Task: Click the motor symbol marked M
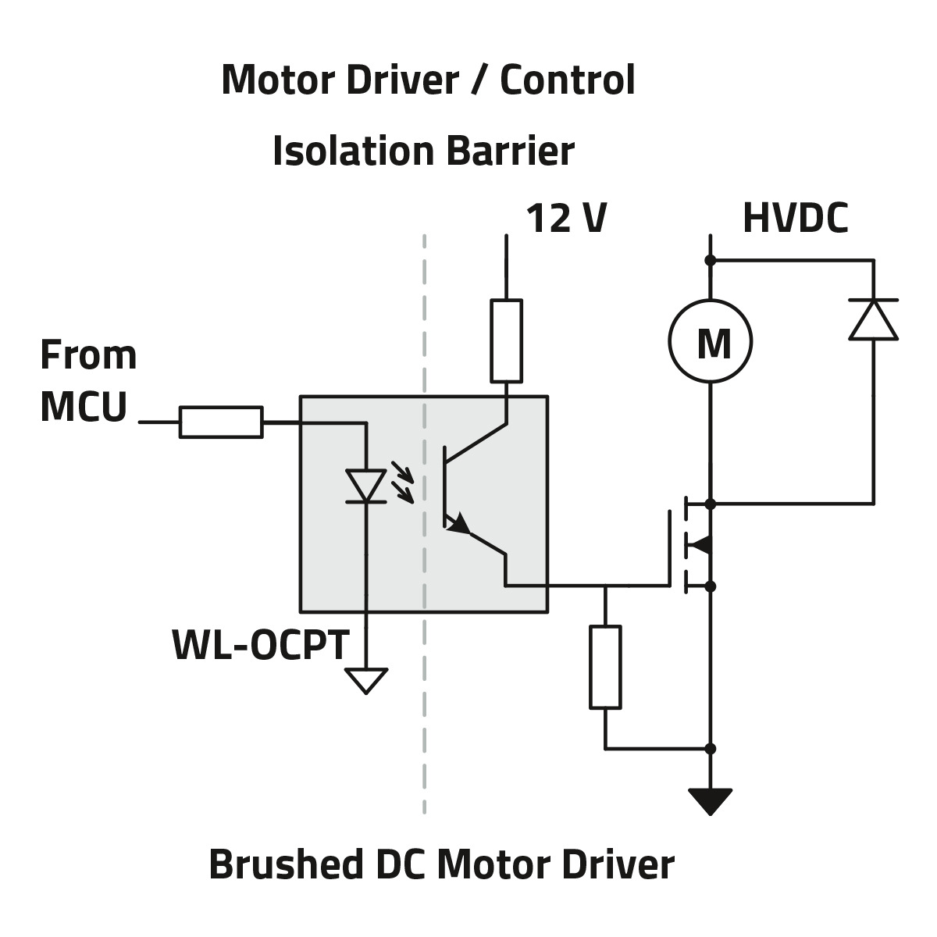click(710, 342)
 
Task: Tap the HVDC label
click(795, 219)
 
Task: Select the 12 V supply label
click(566, 219)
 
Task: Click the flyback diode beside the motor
click(873, 319)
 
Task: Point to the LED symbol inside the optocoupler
click(365, 486)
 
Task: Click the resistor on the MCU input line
click(221, 422)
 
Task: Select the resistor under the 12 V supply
click(507, 340)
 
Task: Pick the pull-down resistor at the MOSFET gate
click(605, 667)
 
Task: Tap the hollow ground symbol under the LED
click(365, 680)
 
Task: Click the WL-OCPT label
click(260, 646)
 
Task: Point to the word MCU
click(83, 407)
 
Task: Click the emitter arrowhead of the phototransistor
click(459, 524)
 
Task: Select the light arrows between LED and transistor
click(402, 481)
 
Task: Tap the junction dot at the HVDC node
click(710, 260)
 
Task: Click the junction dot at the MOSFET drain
click(710, 504)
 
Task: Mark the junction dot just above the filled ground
click(710, 749)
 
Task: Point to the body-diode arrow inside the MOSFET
click(700, 544)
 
